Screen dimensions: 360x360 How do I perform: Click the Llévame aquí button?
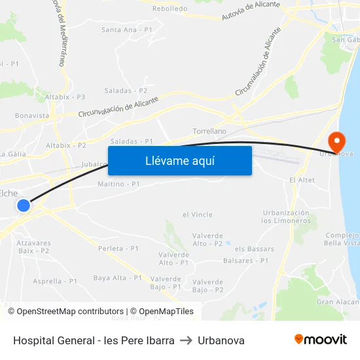(180, 160)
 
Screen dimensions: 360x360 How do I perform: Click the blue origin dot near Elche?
(24, 206)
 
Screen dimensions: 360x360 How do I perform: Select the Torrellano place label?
(209, 131)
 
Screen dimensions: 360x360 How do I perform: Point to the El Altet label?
(302, 180)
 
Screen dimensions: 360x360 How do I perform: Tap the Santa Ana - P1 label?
(127, 29)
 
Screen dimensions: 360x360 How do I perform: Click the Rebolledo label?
(170, 9)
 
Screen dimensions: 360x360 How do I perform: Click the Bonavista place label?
(32, 116)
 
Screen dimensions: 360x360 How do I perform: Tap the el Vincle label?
(198, 214)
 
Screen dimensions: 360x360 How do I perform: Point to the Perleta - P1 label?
(118, 249)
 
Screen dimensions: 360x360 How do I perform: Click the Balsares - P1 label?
(245, 261)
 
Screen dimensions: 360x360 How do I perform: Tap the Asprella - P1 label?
(55, 281)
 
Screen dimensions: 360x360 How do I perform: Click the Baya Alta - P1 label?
(118, 278)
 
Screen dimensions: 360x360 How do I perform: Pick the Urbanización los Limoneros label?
(285, 217)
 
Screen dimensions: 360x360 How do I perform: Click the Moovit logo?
(321, 340)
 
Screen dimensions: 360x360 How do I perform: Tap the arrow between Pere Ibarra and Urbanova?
(187, 340)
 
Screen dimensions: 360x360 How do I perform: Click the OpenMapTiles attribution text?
(162, 312)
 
